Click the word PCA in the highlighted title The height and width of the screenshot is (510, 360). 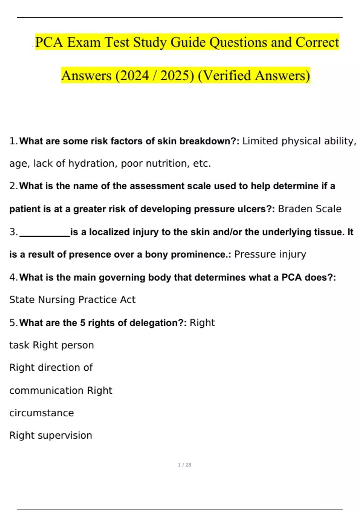(x=49, y=42)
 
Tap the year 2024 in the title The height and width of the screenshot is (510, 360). (x=134, y=76)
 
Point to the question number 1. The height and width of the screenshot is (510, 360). (x=13, y=141)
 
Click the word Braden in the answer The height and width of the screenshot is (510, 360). (x=292, y=209)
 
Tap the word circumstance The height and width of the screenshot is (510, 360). (x=41, y=413)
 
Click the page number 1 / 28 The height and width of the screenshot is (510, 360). (x=184, y=465)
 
